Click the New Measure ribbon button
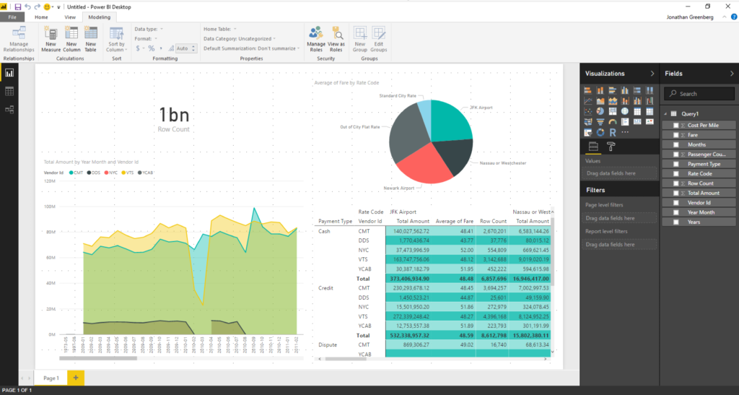[x=51, y=38]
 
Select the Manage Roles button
[x=315, y=38]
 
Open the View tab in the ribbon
[x=70, y=16]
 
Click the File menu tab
[x=12, y=16]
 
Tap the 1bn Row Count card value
[x=173, y=115]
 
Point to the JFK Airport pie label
[x=481, y=107]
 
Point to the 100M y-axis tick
[x=51, y=207]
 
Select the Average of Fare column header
[x=454, y=221]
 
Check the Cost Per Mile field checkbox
[x=675, y=125]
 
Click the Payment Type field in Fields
[x=704, y=164]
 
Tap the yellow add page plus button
[x=76, y=378]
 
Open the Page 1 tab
[x=51, y=378]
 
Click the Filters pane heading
[x=595, y=191]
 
